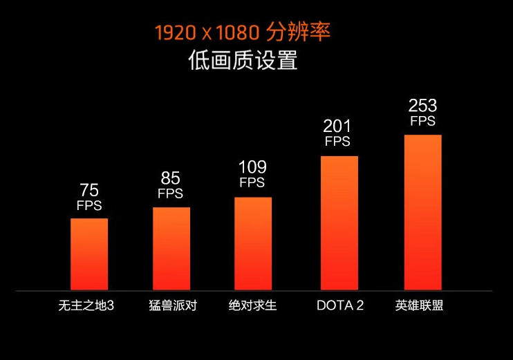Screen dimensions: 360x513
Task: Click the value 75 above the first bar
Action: pyautogui.click(x=89, y=190)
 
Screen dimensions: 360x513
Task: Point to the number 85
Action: pyautogui.click(x=171, y=179)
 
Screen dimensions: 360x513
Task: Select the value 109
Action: pyautogui.click(x=252, y=168)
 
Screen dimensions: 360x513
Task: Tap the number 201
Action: pyautogui.click(x=337, y=126)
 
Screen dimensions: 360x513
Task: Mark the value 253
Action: pyautogui.click(x=422, y=106)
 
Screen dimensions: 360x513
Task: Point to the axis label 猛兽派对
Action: pyautogui.click(x=173, y=305)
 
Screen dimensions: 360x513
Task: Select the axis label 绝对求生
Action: pyautogui.click(x=253, y=305)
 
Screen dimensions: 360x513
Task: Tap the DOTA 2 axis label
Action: pyautogui.click(x=340, y=305)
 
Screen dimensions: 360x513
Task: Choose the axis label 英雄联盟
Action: pyautogui.click(x=420, y=305)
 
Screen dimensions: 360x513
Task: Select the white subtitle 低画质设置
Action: pyautogui.click(x=243, y=61)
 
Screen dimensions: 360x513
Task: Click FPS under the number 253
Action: pyautogui.click(x=422, y=122)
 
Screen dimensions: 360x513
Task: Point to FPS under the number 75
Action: pyautogui.click(x=89, y=206)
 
